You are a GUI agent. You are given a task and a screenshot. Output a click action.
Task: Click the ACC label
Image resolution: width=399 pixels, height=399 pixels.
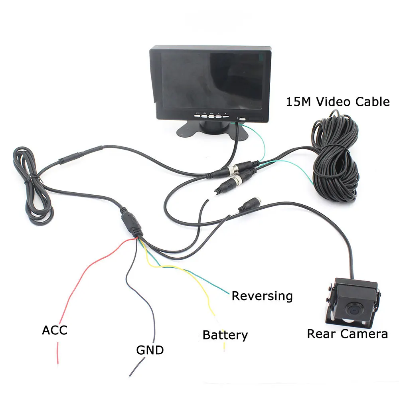(55, 330)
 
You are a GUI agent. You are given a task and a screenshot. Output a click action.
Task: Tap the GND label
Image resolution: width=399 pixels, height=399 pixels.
(150, 350)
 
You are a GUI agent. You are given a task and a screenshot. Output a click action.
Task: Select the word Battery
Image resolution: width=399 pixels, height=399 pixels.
(225, 335)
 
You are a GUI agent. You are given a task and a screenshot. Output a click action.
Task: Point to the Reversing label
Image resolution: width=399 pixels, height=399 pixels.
(262, 296)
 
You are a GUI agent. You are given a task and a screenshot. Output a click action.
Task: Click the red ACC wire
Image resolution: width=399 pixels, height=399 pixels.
(80, 279)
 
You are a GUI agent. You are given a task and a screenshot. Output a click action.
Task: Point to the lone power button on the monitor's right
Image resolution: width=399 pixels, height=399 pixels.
(242, 119)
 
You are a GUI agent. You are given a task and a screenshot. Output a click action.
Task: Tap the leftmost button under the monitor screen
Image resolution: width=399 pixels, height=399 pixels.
(197, 116)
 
